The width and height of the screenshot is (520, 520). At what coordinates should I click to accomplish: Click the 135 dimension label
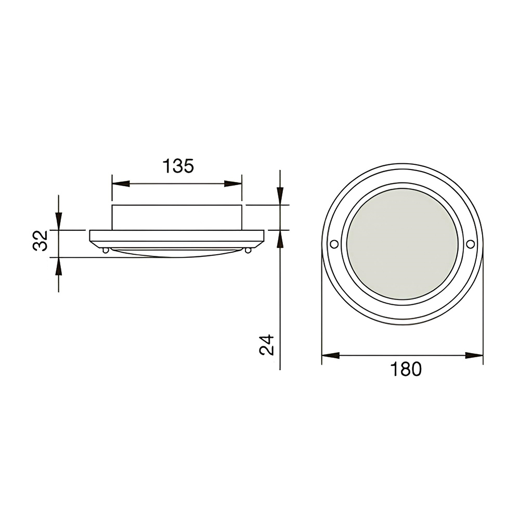coord(178,166)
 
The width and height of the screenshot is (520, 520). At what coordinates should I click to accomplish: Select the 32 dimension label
coord(41,241)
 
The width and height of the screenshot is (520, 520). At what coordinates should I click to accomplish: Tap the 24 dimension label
coord(267,345)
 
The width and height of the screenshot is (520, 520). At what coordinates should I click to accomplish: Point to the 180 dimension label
coord(406,369)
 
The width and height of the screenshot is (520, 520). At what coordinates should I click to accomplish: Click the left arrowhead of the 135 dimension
coord(121,184)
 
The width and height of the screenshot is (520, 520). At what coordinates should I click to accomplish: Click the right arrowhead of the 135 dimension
coord(233,184)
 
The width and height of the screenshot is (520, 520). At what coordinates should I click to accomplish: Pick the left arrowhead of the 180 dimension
coord(331,356)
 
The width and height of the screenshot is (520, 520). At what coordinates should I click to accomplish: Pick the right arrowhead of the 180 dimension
coord(474,356)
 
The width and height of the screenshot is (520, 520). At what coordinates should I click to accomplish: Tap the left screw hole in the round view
coord(334,244)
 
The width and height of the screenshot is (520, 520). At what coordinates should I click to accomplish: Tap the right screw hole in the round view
coord(470,244)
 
